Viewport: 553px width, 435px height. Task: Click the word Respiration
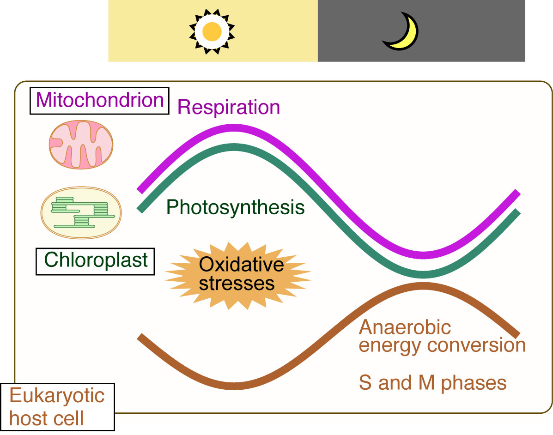229,107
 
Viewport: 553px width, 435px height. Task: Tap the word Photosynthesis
236,207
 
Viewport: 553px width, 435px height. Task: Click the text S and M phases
432,383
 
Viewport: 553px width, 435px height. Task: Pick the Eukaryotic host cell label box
57,406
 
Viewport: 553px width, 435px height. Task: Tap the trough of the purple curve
423,255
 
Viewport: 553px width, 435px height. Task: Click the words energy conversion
442,345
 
